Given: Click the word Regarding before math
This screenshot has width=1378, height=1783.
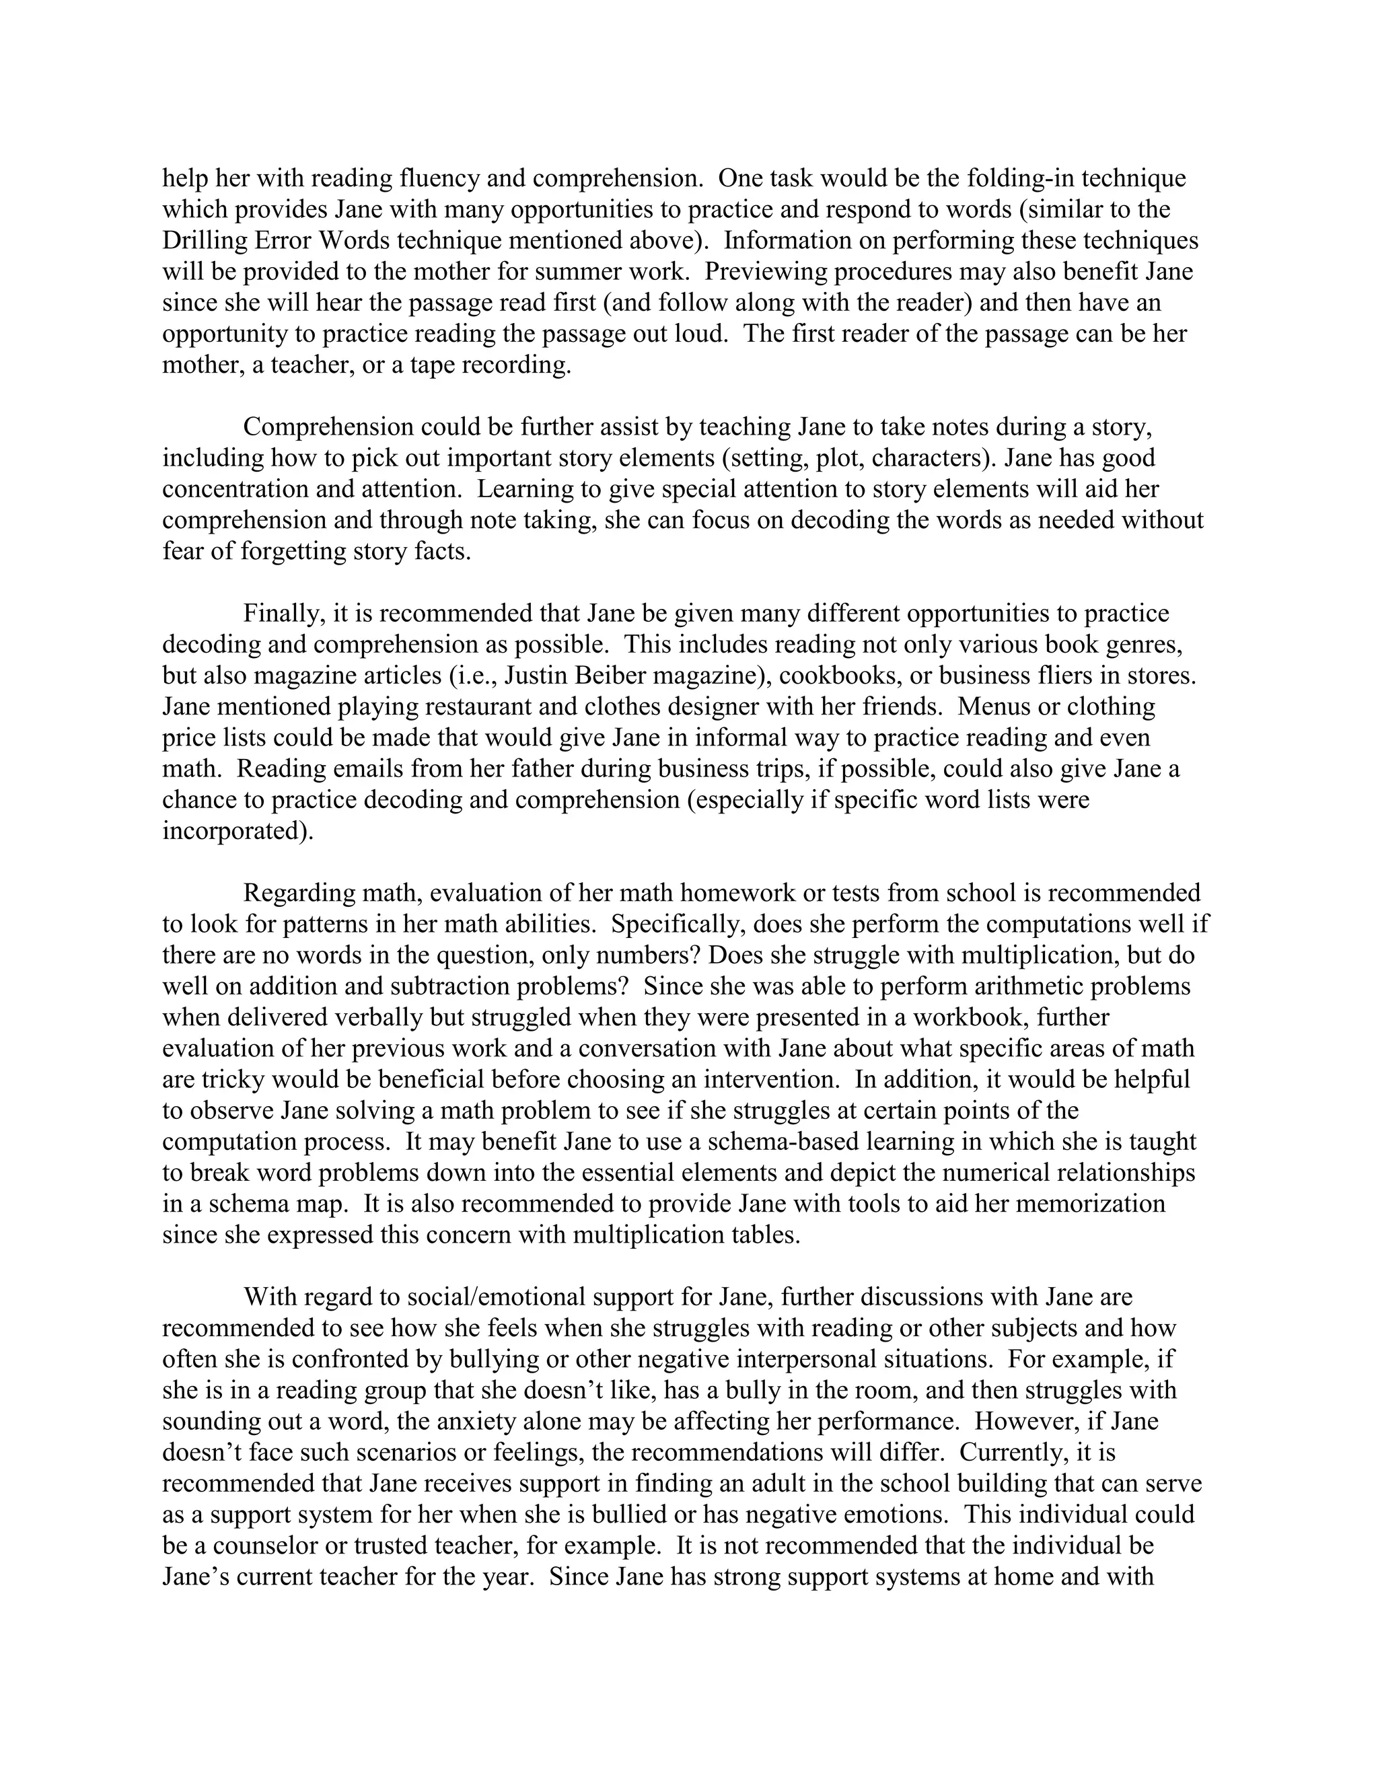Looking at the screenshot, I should click(299, 893).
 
